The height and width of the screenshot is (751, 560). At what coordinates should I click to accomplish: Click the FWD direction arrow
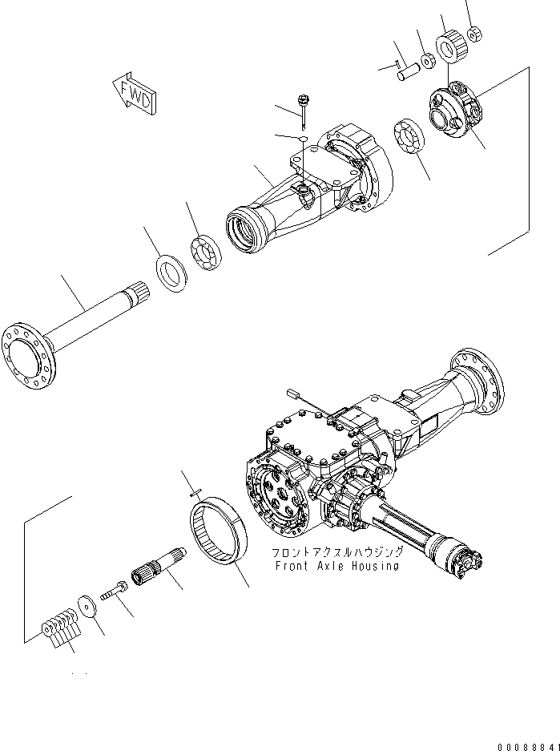135,92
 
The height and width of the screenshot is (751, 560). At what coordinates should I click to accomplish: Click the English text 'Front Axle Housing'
336,566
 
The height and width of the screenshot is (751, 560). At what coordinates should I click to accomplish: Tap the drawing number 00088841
526,746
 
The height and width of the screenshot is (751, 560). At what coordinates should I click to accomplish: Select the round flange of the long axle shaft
31,353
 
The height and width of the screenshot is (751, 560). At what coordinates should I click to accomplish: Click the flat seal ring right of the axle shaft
170,268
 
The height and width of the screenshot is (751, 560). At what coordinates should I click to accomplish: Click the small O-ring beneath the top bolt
303,139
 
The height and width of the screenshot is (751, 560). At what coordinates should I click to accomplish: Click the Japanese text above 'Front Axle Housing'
336,552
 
